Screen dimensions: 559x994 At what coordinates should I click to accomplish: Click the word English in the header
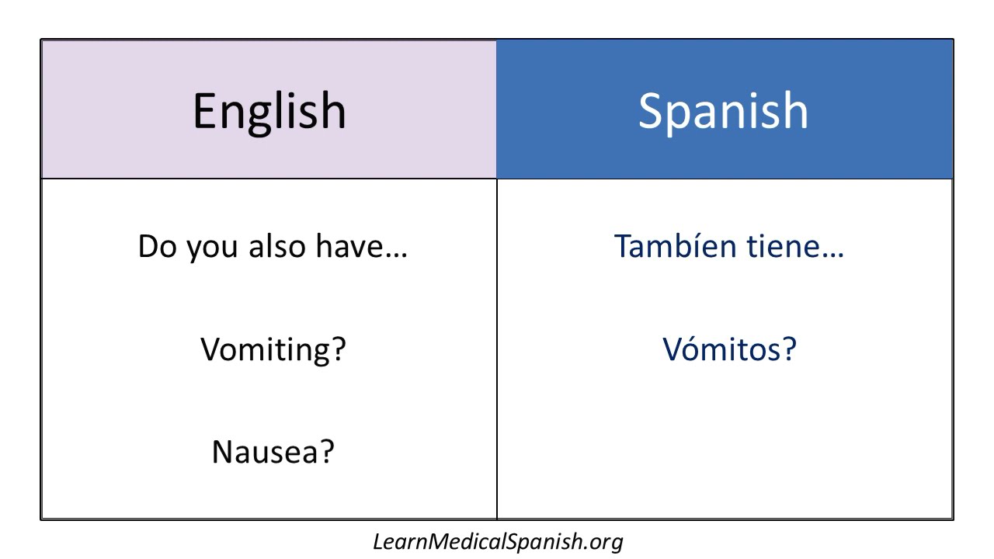click(x=269, y=110)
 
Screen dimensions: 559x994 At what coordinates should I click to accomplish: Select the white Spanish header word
click(x=723, y=110)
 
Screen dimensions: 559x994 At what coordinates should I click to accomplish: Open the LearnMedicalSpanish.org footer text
click(x=498, y=541)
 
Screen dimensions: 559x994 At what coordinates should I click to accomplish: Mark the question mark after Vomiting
click(x=337, y=349)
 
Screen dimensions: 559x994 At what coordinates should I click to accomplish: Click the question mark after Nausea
click(x=326, y=452)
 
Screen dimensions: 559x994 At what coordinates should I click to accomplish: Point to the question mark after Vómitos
click(x=788, y=349)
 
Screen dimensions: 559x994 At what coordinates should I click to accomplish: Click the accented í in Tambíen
click(x=697, y=247)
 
